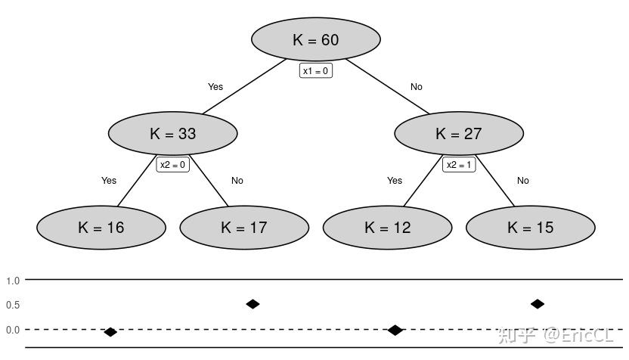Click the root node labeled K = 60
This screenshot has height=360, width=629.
pyautogui.click(x=315, y=40)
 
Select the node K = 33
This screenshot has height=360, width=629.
pyautogui.click(x=173, y=134)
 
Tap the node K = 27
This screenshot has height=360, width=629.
pyautogui.click(x=459, y=134)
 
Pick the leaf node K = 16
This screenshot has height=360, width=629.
pyautogui.click(x=101, y=227)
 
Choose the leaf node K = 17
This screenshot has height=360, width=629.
pyautogui.click(x=244, y=227)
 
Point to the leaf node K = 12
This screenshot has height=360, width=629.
pyautogui.click(x=387, y=227)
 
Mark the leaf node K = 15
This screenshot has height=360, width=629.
pyautogui.click(x=530, y=227)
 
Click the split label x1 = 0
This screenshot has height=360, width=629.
pyautogui.click(x=316, y=71)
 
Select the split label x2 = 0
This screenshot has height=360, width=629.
pyautogui.click(x=172, y=165)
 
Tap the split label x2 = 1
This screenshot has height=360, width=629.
pyautogui.click(x=459, y=165)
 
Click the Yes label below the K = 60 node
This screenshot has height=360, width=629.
pyautogui.click(x=215, y=87)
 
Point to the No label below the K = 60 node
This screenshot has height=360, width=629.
pyautogui.click(x=417, y=87)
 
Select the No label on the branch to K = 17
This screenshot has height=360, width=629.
pyautogui.click(x=237, y=181)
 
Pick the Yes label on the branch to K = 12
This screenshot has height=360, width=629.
pyautogui.click(x=395, y=181)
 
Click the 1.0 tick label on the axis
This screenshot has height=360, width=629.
pyautogui.click(x=13, y=281)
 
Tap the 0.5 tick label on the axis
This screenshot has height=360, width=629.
pyautogui.click(x=13, y=305)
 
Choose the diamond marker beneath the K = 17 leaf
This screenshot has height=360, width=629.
pyautogui.click(x=253, y=304)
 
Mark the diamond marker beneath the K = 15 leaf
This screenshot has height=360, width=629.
pyautogui.click(x=538, y=304)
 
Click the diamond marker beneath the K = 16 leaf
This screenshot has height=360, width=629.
pyautogui.click(x=110, y=332)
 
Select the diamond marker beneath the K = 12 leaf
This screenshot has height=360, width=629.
pyautogui.click(x=395, y=330)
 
